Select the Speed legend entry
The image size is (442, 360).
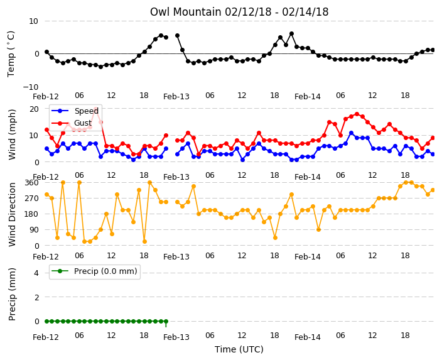click(75, 111)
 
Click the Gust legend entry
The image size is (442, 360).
click(72, 123)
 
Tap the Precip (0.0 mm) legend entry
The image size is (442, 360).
click(95, 271)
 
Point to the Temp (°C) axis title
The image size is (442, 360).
click(11, 54)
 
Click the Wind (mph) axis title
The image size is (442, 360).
click(12, 134)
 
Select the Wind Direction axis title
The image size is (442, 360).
click(12, 214)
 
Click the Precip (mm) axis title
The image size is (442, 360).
click(12, 294)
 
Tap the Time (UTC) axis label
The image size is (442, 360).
click(239, 349)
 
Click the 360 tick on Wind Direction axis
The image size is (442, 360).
click(31, 183)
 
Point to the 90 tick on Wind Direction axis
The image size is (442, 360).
click(34, 230)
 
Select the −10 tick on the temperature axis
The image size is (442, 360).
click(30, 87)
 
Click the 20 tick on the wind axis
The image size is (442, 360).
click(34, 109)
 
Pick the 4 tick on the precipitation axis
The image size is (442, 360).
click(36, 273)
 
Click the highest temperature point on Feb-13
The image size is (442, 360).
click(292, 34)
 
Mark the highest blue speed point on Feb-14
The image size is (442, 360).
click(351, 133)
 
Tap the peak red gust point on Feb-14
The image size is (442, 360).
click(357, 114)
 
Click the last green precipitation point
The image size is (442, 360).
click(166, 321)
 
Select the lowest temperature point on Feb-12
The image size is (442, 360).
click(100, 67)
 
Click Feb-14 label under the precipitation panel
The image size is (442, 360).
click(308, 337)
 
